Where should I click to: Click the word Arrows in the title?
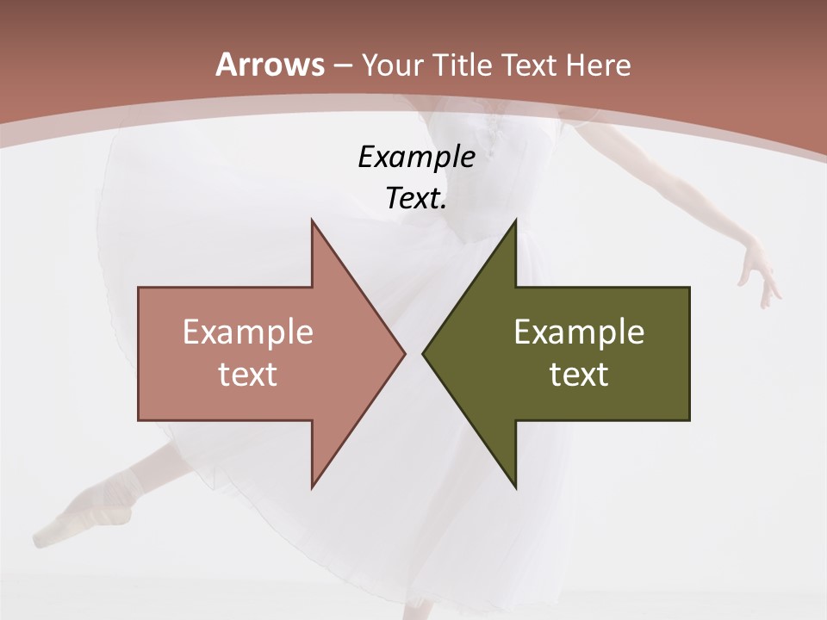pyautogui.click(x=270, y=65)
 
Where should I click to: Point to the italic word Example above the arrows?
pyautogui.click(x=416, y=158)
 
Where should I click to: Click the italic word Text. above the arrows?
pyautogui.click(x=416, y=199)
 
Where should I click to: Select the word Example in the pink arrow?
pyautogui.click(x=248, y=332)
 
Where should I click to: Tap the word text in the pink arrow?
pyautogui.click(x=248, y=375)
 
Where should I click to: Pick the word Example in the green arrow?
pyautogui.click(x=579, y=332)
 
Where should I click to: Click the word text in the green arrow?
pyautogui.click(x=579, y=375)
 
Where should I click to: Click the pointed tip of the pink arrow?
pyautogui.click(x=404, y=353)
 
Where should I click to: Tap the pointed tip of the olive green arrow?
pyautogui.click(x=423, y=353)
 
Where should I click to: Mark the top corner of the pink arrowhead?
pyautogui.click(x=312, y=220)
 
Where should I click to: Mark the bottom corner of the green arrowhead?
pyautogui.click(x=515, y=487)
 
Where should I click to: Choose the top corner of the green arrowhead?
pyautogui.click(x=515, y=220)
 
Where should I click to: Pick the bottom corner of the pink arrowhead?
pyautogui.click(x=312, y=487)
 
